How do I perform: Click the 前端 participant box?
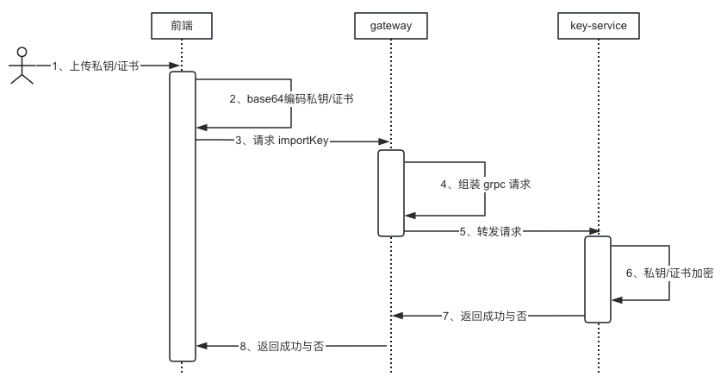pos(182,26)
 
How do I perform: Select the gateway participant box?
pos(390,26)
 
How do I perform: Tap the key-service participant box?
pos(598,26)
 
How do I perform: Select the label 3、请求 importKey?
pos(281,140)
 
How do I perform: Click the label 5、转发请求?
pos(489,231)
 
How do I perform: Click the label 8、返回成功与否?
pos(280,346)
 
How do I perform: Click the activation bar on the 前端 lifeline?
pos(183,216)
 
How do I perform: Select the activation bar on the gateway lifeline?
pos(390,192)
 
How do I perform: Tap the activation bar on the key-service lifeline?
pos(598,279)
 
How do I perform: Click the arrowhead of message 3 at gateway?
pos(387,140)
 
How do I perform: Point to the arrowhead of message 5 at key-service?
pos(593,231)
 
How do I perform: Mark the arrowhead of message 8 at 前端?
pos(202,346)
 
